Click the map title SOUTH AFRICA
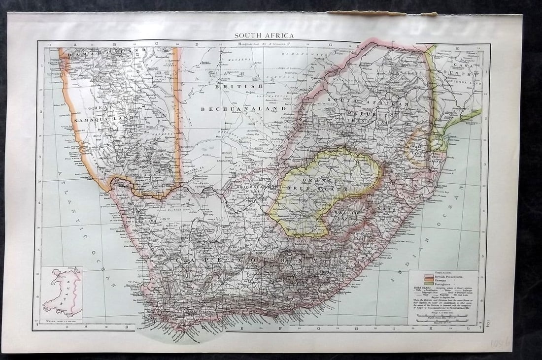click(x=264, y=35)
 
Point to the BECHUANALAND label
click(x=243, y=108)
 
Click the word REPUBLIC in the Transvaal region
click(x=372, y=114)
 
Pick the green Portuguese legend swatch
click(x=415, y=284)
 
